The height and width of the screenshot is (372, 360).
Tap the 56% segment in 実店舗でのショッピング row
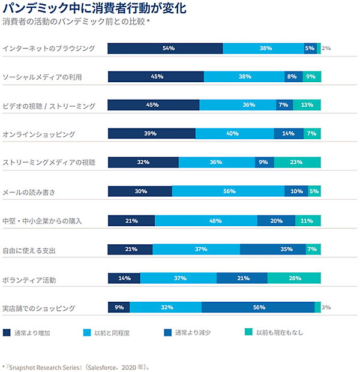[258, 307]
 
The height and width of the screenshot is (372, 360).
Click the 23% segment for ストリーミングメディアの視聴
[297, 162]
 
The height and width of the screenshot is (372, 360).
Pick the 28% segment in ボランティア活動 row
[294, 278]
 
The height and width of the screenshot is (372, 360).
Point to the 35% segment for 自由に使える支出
[273, 249]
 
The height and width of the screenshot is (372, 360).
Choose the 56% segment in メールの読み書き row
[228, 191]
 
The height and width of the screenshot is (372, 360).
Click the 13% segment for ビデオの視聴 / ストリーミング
[307, 105]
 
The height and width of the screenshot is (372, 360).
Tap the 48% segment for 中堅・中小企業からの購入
[206, 220]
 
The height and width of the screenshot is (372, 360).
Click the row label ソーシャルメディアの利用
[41, 77]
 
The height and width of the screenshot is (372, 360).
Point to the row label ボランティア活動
[29, 280]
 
